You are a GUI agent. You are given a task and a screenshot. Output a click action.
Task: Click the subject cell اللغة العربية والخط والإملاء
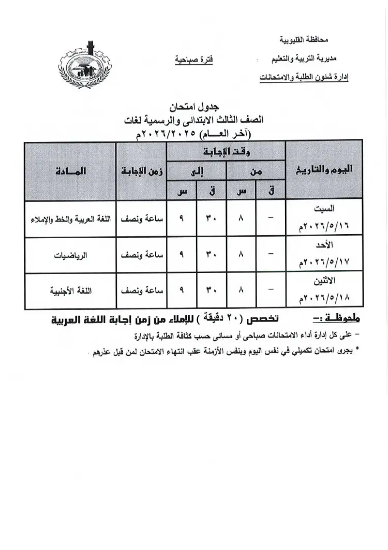71,220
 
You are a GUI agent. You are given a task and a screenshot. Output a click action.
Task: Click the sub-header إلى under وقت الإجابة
196,171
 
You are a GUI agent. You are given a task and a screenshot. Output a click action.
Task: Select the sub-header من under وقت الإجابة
256,171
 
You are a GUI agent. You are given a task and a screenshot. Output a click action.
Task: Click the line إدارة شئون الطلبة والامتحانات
303,78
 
